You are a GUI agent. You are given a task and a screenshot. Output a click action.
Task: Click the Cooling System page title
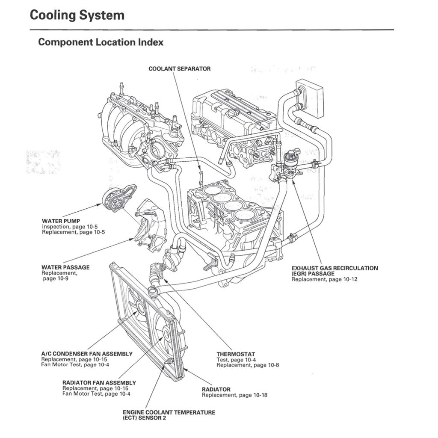click(77, 15)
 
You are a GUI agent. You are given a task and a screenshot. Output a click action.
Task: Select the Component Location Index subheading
click(101, 42)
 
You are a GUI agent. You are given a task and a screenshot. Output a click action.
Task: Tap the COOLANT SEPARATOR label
click(179, 68)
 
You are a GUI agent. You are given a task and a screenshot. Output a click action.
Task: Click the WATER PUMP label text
click(61, 221)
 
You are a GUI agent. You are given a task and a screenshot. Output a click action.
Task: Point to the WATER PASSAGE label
click(65, 267)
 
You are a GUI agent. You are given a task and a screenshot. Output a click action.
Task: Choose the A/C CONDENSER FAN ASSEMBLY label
click(86, 354)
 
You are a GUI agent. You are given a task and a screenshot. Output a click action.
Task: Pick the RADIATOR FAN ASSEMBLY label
click(99, 382)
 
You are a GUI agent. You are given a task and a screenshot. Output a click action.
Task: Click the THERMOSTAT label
click(235, 354)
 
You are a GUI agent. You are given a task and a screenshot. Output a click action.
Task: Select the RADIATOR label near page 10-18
click(216, 389)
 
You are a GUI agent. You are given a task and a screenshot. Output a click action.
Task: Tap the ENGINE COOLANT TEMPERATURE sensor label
click(169, 412)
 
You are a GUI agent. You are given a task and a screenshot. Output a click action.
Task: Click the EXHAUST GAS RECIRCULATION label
click(334, 268)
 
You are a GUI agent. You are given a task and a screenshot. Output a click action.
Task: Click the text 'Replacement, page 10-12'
click(324, 279)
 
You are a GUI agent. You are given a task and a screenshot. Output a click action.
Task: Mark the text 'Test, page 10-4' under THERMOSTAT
click(236, 360)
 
